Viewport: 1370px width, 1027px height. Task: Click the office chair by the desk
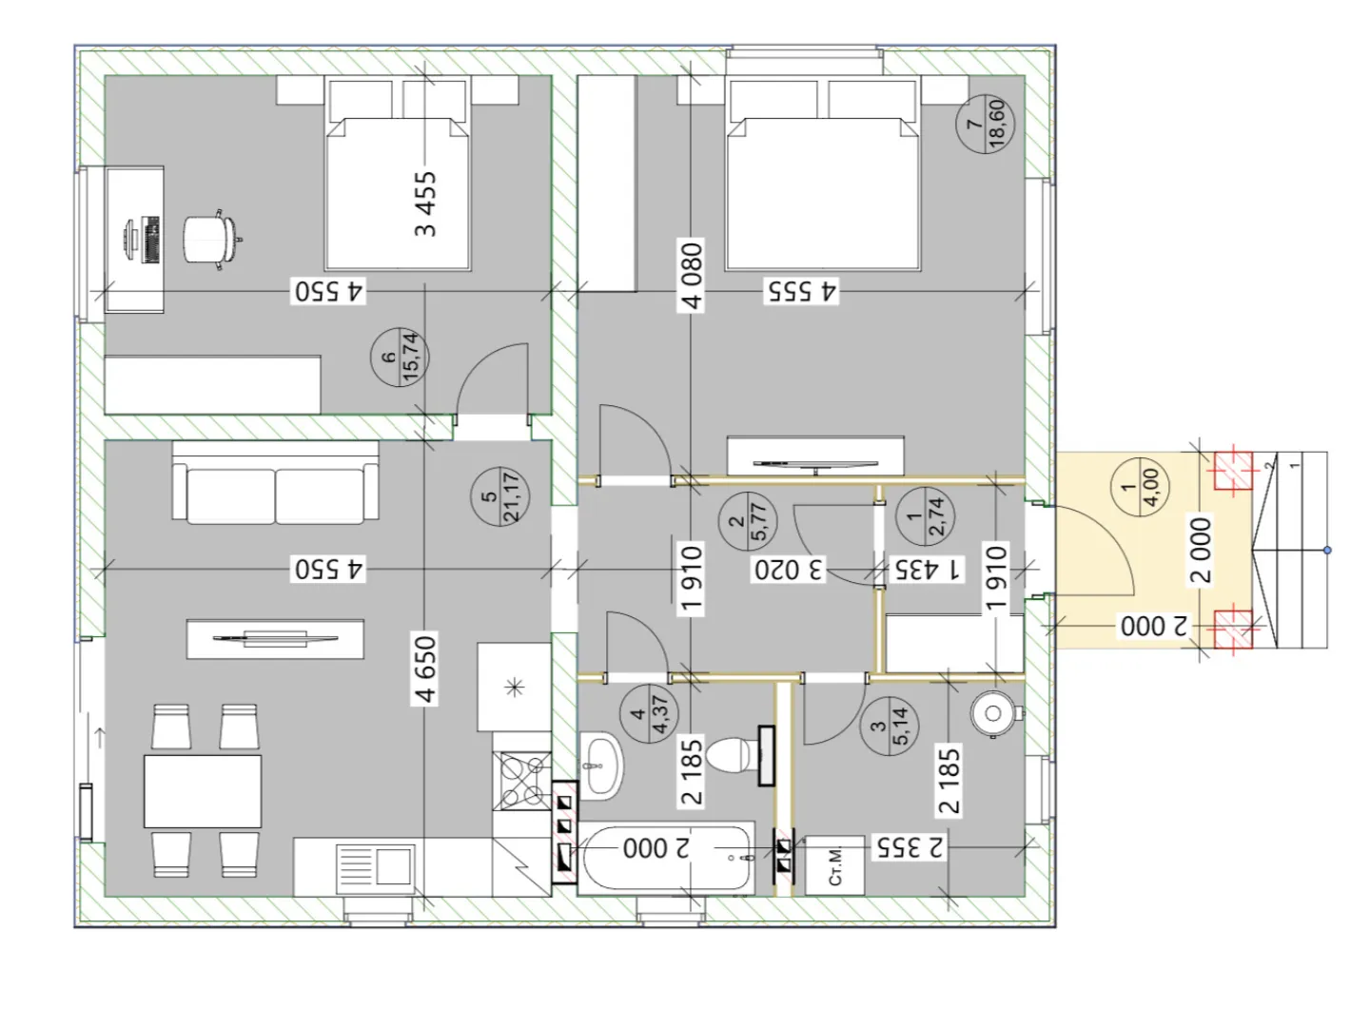tap(211, 240)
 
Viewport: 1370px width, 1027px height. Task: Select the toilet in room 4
tap(736, 755)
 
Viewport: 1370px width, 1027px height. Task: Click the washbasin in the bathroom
tap(601, 765)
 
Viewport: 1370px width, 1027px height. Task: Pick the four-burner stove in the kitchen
tap(521, 781)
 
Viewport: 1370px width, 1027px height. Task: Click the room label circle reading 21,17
tap(499, 496)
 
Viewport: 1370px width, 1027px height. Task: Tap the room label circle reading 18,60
tap(985, 124)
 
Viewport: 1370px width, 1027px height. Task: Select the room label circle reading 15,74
tap(400, 358)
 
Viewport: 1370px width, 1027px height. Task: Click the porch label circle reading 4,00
tap(1140, 487)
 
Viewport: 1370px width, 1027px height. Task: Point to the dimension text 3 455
tap(425, 203)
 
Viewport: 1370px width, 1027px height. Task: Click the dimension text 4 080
tap(693, 276)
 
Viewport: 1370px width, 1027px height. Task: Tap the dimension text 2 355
tap(910, 846)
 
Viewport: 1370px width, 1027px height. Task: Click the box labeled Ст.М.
tap(834, 865)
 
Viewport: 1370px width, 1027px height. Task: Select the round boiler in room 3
tap(996, 713)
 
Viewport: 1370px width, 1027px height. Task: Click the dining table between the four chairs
tap(203, 791)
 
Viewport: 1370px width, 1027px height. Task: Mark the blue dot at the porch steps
tap(1327, 550)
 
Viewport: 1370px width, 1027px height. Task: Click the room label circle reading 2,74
tap(925, 516)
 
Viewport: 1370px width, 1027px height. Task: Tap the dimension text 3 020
tap(789, 570)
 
